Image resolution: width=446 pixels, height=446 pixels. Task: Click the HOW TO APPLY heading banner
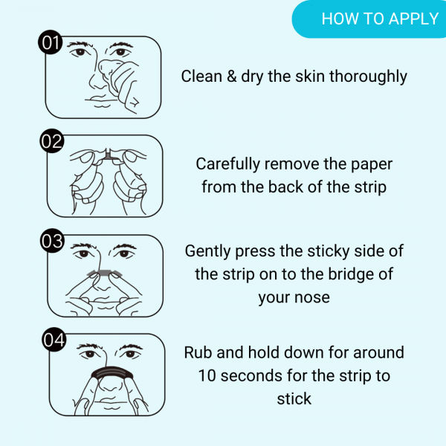(x=369, y=19)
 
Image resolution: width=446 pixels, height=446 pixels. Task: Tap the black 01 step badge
(x=51, y=42)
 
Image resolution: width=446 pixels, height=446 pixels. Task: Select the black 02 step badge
(x=51, y=140)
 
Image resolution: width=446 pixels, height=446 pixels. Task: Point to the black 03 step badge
(x=52, y=241)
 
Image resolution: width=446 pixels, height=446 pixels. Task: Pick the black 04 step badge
(x=54, y=340)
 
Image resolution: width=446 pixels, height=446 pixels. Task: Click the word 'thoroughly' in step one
(x=368, y=77)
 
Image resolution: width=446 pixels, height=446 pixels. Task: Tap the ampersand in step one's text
(x=231, y=77)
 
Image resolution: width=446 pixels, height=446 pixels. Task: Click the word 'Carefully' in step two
(x=228, y=165)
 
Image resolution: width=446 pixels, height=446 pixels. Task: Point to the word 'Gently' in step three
(x=208, y=252)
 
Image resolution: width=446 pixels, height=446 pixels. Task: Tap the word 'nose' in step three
(x=312, y=298)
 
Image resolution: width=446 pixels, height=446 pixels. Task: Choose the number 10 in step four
(x=207, y=375)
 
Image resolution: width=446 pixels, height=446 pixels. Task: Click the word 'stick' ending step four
(x=294, y=398)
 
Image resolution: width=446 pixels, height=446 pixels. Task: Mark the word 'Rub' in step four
(x=198, y=352)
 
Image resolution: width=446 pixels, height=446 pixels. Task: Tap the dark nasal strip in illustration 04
(x=112, y=371)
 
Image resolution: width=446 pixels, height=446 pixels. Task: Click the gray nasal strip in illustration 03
(x=105, y=272)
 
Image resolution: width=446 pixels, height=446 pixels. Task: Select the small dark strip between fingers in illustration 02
(x=109, y=155)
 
